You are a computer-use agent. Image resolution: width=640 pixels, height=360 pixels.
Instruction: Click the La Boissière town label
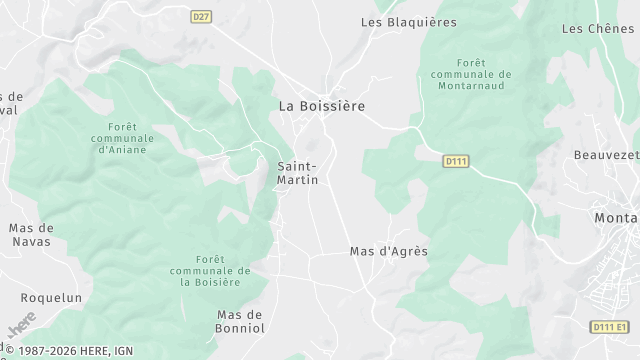click(x=321, y=105)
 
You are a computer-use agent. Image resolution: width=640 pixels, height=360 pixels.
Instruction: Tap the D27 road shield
click(x=202, y=16)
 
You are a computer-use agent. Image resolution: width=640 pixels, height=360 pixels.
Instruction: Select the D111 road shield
click(x=456, y=160)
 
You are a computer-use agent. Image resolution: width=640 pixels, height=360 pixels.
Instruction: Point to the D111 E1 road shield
click(x=608, y=327)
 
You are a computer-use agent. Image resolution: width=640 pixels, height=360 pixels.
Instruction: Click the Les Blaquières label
click(x=408, y=22)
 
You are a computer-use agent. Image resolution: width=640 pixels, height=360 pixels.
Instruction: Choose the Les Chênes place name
click(x=599, y=29)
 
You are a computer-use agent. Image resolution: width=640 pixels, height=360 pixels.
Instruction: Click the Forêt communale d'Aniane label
click(x=123, y=138)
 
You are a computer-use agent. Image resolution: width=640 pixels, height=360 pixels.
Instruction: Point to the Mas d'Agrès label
click(x=389, y=251)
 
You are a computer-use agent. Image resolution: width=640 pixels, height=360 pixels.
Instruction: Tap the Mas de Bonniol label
click(x=240, y=321)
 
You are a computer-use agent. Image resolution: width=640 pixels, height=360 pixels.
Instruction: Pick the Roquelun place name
click(x=51, y=298)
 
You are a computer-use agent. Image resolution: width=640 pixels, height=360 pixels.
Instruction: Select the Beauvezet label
click(x=606, y=155)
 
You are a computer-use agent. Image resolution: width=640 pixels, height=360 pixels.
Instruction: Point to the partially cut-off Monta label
click(x=616, y=218)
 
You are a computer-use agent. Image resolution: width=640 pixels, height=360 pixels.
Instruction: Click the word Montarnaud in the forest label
click(x=468, y=87)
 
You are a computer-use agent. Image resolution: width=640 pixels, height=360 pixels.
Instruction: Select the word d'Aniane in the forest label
click(x=123, y=150)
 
